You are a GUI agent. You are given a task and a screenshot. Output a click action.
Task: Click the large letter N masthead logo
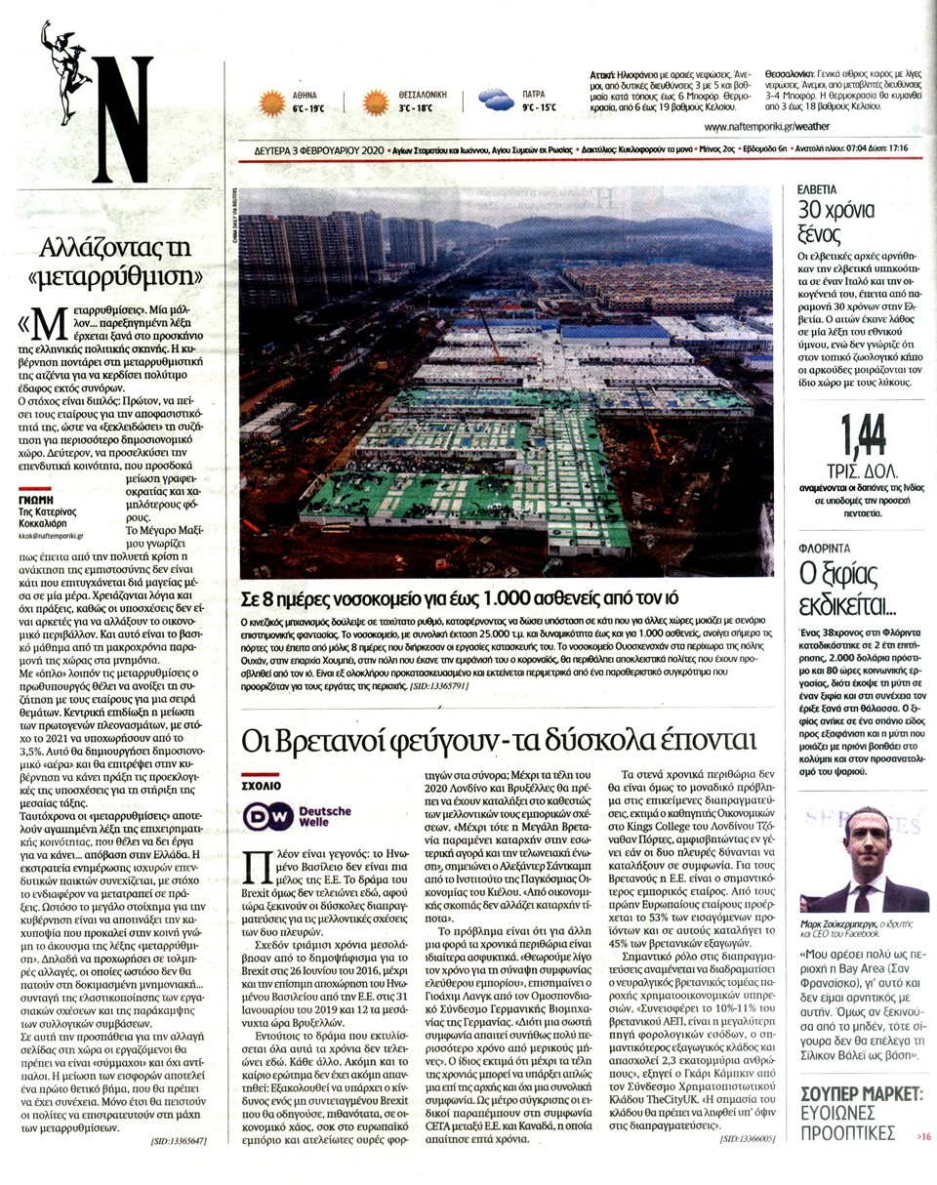(123, 120)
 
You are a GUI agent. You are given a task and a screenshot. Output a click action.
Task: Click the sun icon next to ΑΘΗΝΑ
(270, 102)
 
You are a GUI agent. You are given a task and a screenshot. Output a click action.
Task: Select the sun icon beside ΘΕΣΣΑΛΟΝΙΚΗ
(376, 102)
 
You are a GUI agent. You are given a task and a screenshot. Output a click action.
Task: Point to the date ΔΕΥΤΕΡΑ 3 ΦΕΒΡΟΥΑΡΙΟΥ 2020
(297, 149)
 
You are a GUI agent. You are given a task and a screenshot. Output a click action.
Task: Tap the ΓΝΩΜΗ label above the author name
(38, 498)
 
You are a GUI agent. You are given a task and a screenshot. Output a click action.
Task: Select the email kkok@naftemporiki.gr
(52, 536)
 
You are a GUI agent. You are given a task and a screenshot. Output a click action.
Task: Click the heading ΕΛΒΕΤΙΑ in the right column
(818, 185)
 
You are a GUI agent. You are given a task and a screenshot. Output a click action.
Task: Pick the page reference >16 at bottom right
(922, 1136)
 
